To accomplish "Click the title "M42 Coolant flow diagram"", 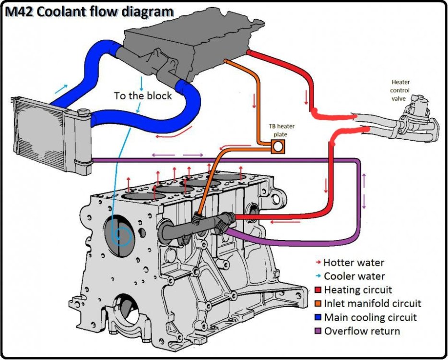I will [x=89, y=12].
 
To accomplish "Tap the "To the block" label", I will [x=142, y=96].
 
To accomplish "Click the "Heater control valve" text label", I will [x=401, y=90].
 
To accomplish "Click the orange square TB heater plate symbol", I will [x=279, y=145].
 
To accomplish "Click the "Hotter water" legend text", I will [x=354, y=263].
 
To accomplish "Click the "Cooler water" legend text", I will [x=354, y=276].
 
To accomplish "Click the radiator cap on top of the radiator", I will [x=84, y=113].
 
